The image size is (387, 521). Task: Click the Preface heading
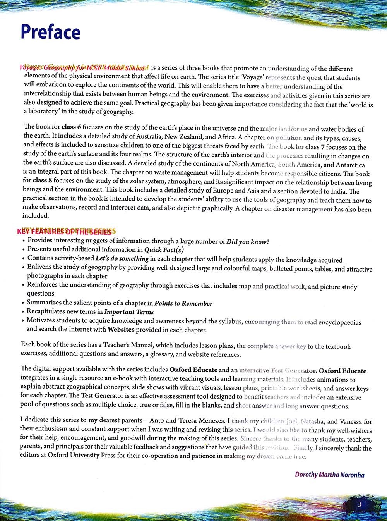pyautogui.click(x=50, y=32)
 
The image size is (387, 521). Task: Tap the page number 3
pyautogui.click(x=359, y=504)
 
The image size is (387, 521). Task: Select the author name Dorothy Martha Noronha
pyautogui.click(x=329, y=475)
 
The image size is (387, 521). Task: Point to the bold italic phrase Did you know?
pyautogui.click(x=248, y=242)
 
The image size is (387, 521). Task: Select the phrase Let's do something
pyautogui.click(x=122, y=258)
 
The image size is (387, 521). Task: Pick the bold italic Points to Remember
pyautogui.click(x=183, y=303)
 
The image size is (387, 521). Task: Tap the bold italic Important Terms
pyautogui.click(x=129, y=312)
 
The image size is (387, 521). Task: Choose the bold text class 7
pyautogui.click(x=317, y=147)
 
